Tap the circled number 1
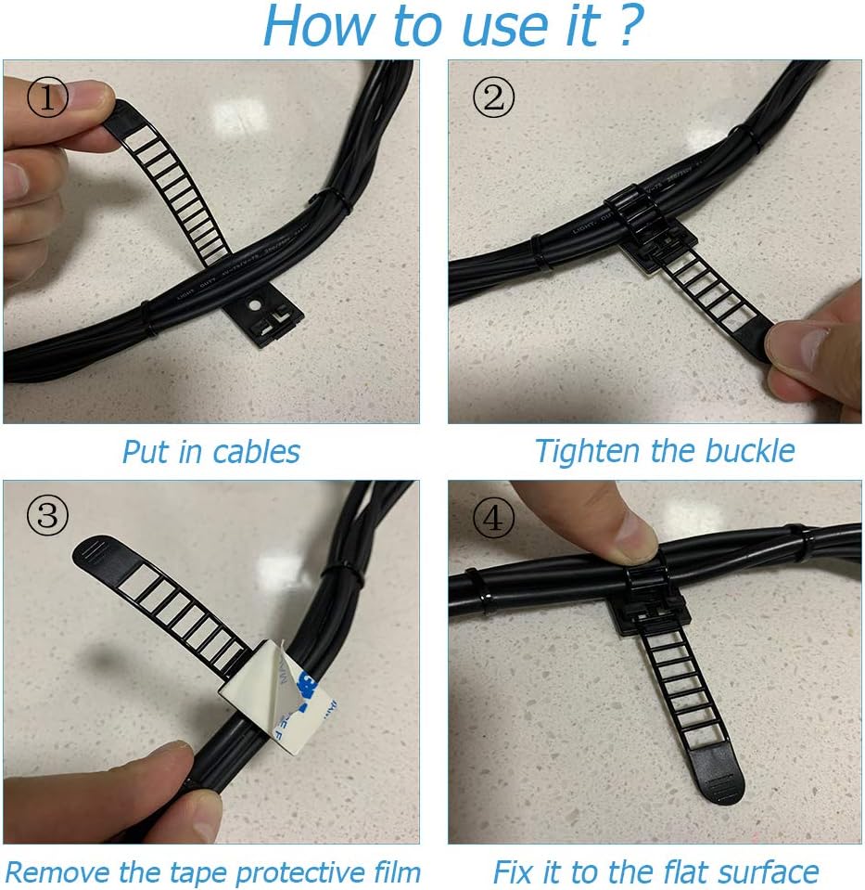pos(47,97)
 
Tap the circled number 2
pos(493,97)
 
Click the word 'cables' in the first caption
pos(256,452)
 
